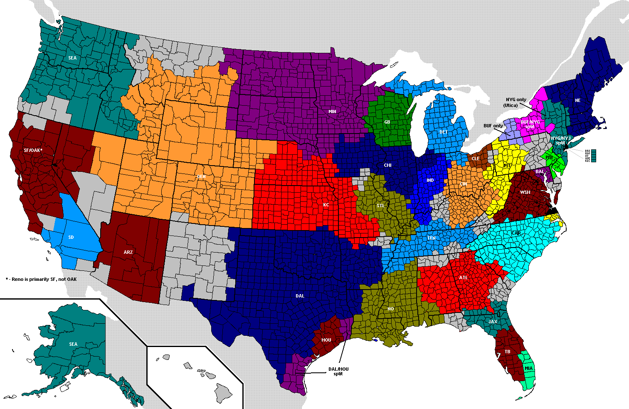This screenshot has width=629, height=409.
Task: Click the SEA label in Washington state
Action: pos(72,58)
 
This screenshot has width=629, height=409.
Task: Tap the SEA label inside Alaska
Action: pos(73,344)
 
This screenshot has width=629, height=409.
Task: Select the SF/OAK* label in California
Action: pos(33,150)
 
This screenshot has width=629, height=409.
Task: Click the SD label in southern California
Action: pos(71,237)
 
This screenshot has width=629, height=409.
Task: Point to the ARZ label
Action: pos(128,252)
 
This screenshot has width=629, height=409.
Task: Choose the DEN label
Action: pos(201,176)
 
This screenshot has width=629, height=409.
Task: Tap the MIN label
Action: pos(332,112)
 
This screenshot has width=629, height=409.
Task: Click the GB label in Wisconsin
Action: pos(387,122)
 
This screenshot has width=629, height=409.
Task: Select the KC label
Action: pos(326,205)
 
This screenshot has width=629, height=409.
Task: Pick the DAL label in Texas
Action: pos(300,296)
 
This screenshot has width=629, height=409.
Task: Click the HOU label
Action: pos(326,340)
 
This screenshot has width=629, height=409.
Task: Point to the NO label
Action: pos(390,309)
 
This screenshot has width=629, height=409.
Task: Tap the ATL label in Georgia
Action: pos(463,278)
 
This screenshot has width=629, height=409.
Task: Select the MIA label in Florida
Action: pos(528,369)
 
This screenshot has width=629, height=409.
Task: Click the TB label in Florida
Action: pos(507,352)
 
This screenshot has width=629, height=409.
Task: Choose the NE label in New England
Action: pos(577,100)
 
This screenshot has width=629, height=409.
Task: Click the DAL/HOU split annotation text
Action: pos(338,371)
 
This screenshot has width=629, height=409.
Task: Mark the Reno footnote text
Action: pos(41,279)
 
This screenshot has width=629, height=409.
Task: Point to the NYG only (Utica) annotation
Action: pos(516,102)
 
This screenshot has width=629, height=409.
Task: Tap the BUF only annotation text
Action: pos(493,125)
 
